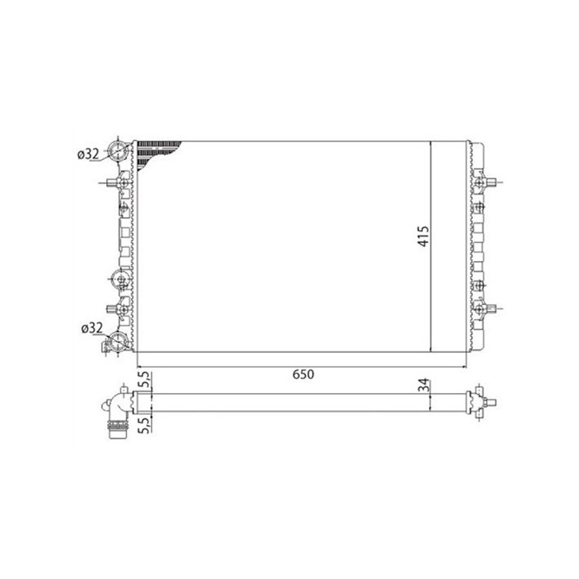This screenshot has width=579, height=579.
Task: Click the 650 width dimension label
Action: [303, 374]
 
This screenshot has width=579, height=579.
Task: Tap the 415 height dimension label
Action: [423, 236]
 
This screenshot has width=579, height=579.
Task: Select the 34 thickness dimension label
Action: [425, 384]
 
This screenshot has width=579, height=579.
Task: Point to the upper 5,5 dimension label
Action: [144, 380]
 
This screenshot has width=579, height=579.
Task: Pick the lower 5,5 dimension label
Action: [144, 425]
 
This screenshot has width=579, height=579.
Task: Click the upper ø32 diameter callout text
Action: [88, 154]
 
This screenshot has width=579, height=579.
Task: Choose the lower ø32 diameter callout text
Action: [92, 327]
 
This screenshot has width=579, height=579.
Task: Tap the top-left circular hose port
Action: [117, 150]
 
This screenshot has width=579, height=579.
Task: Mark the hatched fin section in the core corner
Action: [154, 154]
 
